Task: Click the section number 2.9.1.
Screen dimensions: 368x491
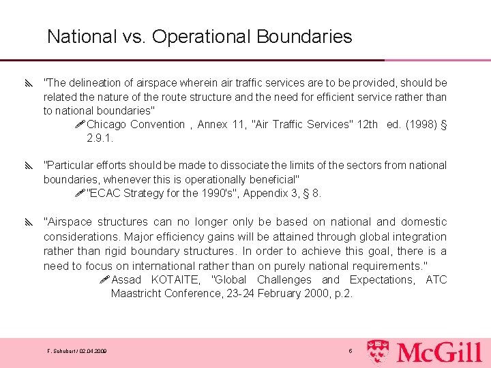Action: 100,138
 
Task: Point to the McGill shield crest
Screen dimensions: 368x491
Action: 379,351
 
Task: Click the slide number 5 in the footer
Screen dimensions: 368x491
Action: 351,351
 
